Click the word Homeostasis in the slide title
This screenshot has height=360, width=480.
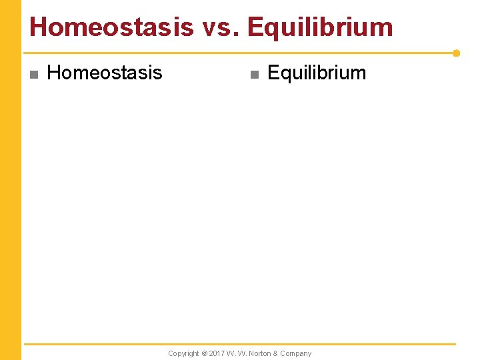pos(111,27)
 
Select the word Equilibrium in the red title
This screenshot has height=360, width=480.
pos(319,27)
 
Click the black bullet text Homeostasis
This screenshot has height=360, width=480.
pos(105,73)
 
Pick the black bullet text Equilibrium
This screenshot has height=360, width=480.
pos(317,73)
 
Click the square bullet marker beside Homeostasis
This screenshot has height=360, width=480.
pos(33,74)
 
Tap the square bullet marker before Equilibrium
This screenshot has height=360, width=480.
pos(253,74)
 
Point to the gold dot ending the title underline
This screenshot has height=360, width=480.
pos(456,53)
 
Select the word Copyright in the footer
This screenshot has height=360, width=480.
pos(183,353)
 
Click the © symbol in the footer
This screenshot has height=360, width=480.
pos(205,353)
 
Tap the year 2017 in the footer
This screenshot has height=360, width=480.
pos(217,353)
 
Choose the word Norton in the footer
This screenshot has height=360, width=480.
pos(260,353)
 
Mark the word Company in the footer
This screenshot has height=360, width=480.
pos(297,353)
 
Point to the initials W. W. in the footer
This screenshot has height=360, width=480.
pos(237,353)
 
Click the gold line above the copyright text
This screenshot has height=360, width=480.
pos(240,344)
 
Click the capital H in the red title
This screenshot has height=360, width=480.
pos(39,27)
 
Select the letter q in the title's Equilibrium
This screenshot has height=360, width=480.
pos(270,29)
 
